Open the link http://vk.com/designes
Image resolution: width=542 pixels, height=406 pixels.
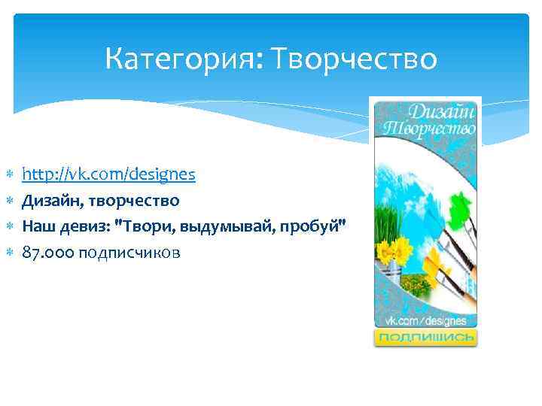point(109,174)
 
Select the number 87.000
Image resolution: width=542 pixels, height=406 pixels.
point(47,253)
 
